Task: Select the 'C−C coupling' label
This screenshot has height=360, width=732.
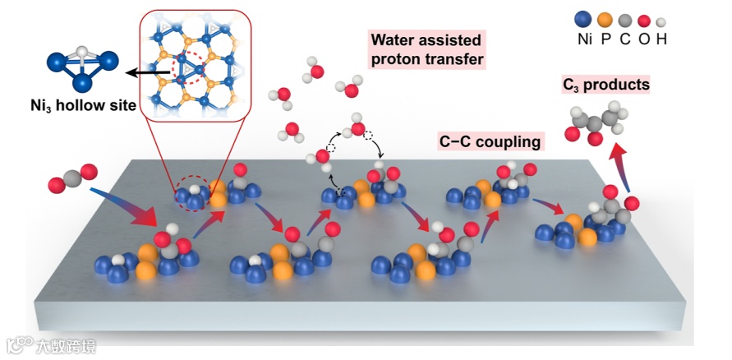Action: point(490,141)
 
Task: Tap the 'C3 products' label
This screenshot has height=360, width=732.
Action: point(605,84)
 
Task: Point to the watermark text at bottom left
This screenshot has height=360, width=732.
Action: point(66,346)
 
